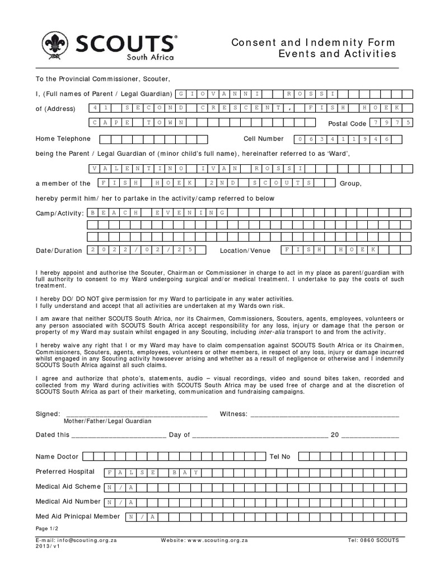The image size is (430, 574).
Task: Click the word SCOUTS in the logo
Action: tap(124, 43)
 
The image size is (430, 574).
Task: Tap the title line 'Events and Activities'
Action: tap(337, 54)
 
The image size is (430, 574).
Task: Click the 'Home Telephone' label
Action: tap(63, 138)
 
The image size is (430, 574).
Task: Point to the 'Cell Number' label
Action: tap(263, 138)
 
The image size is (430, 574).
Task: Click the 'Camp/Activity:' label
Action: tap(59, 213)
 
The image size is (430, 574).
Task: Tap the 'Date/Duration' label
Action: tap(59, 251)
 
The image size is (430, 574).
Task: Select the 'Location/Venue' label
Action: tap(245, 251)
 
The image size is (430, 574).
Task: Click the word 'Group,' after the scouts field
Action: tap(351, 183)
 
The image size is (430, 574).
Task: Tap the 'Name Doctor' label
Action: tap(57, 456)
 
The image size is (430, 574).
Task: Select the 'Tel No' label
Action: tap(280, 456)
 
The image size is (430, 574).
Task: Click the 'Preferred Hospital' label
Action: tap(65, 471)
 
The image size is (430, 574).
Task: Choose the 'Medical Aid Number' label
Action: tap(68, 501)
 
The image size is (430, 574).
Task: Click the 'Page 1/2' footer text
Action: tap(46, 529)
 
